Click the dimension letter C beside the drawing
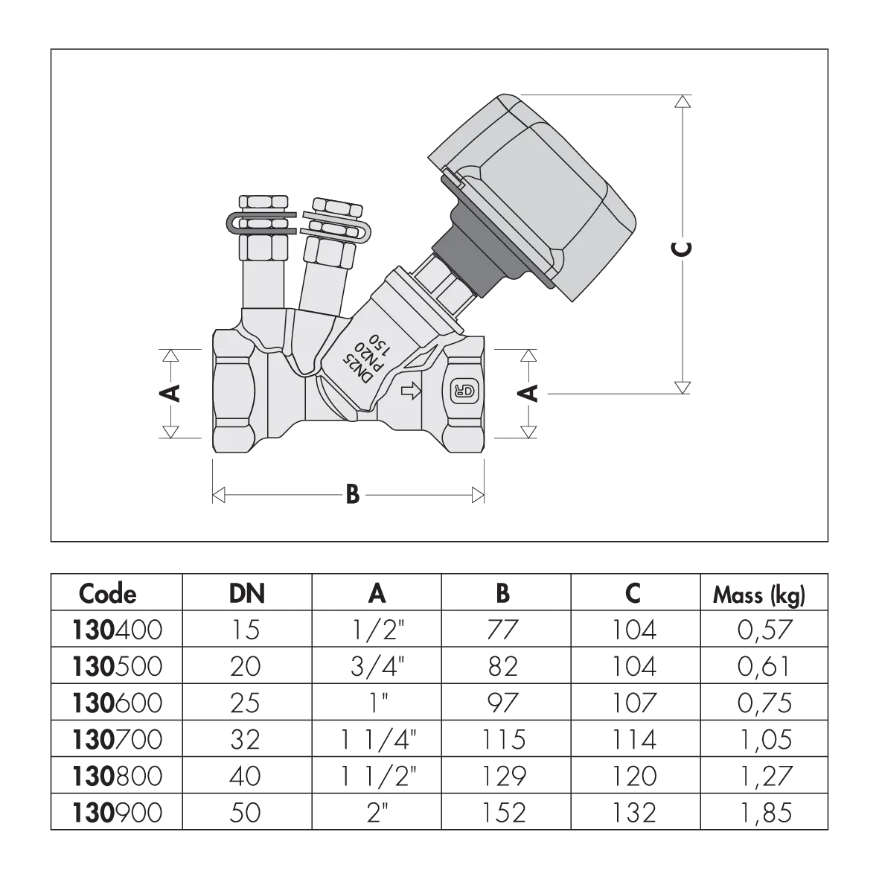click(x=683, y=249)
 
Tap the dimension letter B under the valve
click(x=352, y=495)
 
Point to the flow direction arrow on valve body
click(x=412, y=391)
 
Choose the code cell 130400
click(x=117, y=630)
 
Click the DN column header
click(x=246, y=594)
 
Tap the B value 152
click(x=503, y=813)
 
